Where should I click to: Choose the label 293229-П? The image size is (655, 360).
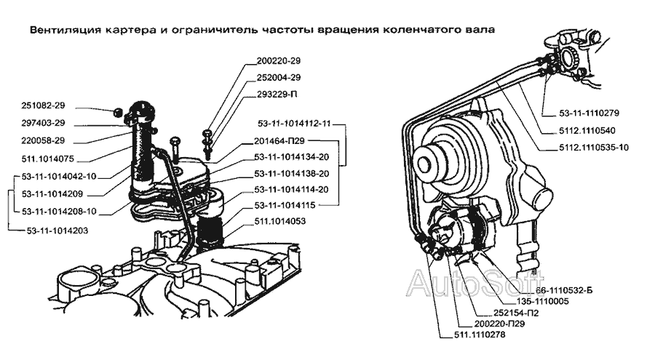pos(279,94)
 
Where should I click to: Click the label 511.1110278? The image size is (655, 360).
pos(473,335)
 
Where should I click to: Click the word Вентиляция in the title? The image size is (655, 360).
pos(61,31)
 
